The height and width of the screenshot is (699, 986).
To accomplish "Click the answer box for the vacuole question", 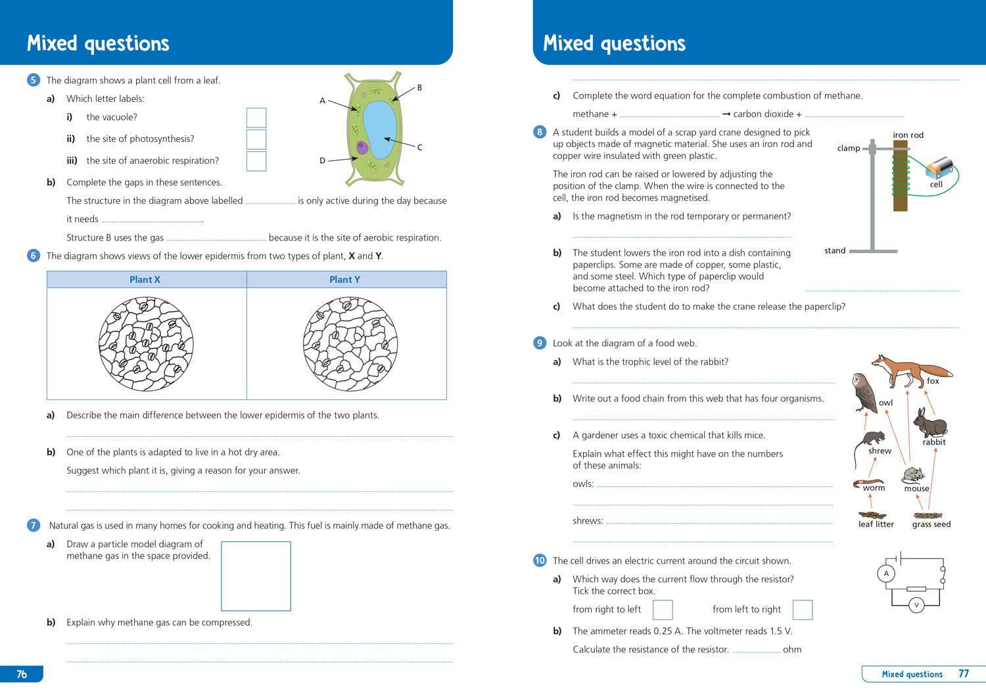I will point(256,118).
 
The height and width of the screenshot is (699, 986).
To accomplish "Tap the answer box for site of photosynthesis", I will point(256,139).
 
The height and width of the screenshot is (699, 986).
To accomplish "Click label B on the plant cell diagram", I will point(419,87).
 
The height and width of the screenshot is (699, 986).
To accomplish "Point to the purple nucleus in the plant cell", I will point(362,147).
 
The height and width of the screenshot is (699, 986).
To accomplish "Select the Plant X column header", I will point(145,280).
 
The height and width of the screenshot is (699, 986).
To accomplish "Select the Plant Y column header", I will point(345,280).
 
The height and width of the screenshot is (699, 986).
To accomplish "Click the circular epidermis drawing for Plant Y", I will point(350,344).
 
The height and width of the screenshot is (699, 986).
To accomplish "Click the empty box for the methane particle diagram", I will point(256,576).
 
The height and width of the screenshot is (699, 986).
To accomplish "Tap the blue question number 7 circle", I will point(34,525).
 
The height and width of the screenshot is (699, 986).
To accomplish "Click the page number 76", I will point(22,674).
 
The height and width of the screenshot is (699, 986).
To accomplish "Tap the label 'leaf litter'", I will point(876,524).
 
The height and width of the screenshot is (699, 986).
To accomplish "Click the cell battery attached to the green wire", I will point(939,168).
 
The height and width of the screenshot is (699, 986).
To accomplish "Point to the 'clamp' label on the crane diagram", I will point(848,148).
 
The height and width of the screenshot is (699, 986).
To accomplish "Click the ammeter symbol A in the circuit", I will point(886,574).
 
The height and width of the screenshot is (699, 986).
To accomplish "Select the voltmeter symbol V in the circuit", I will point(916,605).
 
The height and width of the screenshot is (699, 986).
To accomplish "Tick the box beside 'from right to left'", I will point(663,610).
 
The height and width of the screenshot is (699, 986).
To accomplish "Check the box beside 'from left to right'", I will point(803,610).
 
